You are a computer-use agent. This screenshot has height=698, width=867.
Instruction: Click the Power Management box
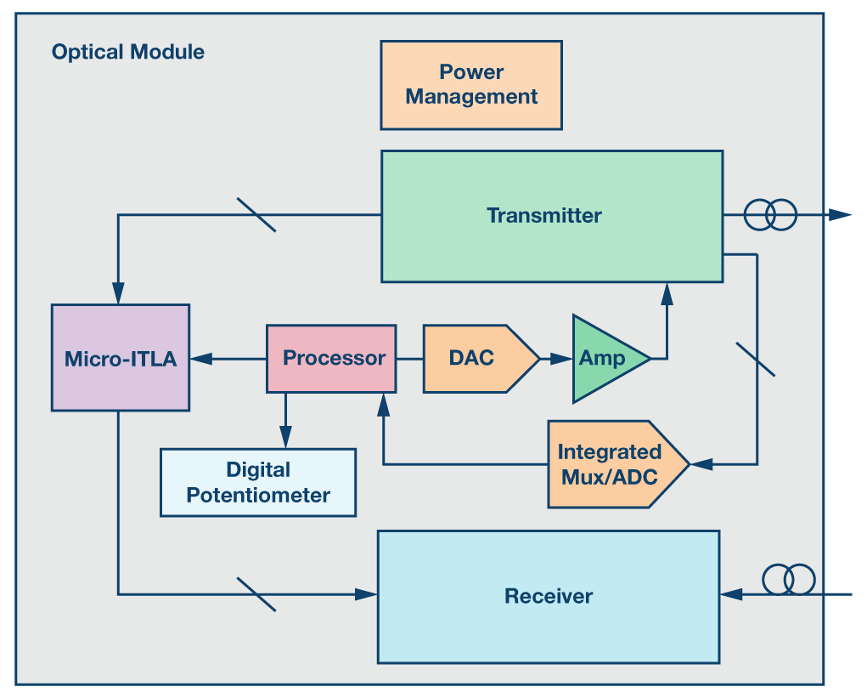click(x=471, y=85)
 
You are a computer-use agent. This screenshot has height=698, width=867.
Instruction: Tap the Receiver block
click(x=549, y=596)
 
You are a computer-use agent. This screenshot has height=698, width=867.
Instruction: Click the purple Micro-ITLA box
click(x=120, y=358)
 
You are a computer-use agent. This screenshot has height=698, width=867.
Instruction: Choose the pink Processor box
click(x=331, y=358)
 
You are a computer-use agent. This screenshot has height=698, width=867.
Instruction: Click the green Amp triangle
click(x=605, y=358)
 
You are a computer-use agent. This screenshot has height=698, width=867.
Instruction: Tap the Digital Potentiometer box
click(x=258, y=482)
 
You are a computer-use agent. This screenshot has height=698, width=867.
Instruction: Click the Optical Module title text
click(x=128, y=52)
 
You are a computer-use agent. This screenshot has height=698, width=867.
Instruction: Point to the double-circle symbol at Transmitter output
click(x=771, y=215)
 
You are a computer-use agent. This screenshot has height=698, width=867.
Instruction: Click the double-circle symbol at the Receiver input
click(x=789, y=580)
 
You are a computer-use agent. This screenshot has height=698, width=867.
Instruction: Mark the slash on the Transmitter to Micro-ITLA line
click(x=256, y=215)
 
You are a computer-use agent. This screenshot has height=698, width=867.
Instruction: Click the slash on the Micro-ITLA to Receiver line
click(x=256, y=594)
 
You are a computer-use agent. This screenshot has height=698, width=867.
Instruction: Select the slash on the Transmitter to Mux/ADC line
click(x=755, y=358)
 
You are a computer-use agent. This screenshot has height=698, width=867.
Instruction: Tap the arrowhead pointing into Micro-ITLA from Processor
click(x=200, y=359)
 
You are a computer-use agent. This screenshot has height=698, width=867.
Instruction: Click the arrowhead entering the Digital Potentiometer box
click(x=285, y=439)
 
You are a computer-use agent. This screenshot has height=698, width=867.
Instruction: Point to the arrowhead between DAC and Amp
click(x=560, y=359)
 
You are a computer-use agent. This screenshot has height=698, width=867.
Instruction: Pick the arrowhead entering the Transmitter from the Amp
click(x=667, y=293)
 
